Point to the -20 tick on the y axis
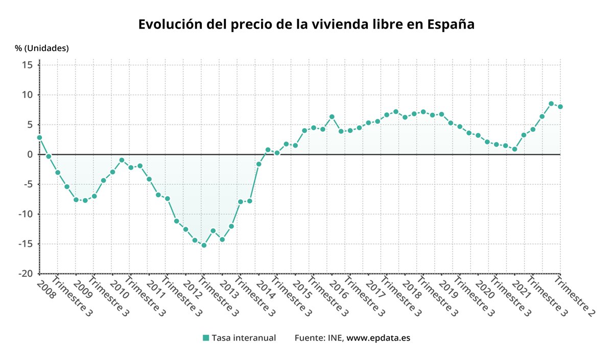pyautogui.click(x=26, y=274)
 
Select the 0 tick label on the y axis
pyautogui.click(x=30, y=154)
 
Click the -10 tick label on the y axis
pyautogui.click(x=26, y=214)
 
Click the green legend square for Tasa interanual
pyautogui.click(x=206, y=338)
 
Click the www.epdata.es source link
pyautogui.click(x=379, y=338)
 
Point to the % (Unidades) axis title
pyautogui.click(x=41, y=49)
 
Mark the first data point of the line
pyautogui.click(x=39, y=137)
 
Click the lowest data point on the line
pyautogui.click(x=204, y=245)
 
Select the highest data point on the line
pyautogui.click(x=551, y=104)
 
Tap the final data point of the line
pyautogui.click(x=560, y=107)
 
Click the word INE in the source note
pyautogui.click(x=335, y=338)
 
